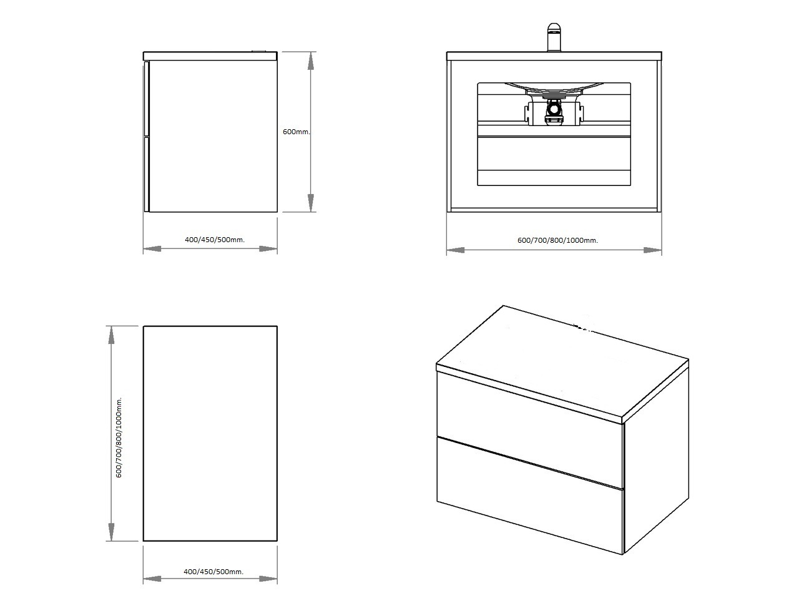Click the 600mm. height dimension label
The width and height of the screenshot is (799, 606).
297,132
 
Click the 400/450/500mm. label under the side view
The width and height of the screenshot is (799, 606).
215,240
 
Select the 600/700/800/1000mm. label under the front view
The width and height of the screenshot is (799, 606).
557,240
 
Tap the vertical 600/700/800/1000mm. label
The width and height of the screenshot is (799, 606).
119,437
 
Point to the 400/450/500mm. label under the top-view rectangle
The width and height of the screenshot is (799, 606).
213,572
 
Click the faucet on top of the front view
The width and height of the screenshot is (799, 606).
554,37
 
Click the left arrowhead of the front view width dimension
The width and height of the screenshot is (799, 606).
456,250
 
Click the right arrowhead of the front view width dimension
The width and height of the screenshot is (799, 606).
653,250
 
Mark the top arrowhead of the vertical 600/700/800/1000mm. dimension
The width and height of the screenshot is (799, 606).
111,335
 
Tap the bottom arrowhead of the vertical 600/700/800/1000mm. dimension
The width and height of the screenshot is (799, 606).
111,532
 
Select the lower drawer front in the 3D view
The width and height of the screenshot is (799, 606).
529,496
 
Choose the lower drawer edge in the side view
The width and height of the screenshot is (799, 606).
147,174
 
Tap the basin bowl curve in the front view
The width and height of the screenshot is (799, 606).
554,87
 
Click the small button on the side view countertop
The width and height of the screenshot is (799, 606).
260,51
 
